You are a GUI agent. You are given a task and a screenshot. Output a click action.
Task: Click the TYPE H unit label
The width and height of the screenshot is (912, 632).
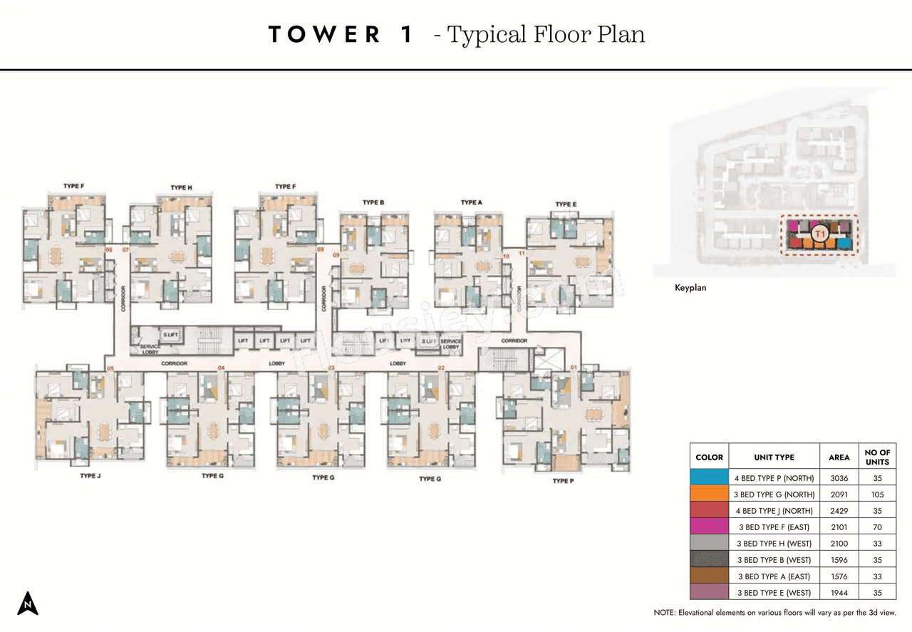[181, 187]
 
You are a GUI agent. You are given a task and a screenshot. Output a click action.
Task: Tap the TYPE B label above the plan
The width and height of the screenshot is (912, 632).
[373, 202]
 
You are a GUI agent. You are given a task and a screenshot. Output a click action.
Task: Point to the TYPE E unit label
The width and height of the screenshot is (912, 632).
[566, 204]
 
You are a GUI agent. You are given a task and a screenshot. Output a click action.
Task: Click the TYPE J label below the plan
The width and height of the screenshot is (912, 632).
[90, 475]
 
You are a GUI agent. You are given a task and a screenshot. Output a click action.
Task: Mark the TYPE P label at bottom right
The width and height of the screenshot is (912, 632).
[561, 481]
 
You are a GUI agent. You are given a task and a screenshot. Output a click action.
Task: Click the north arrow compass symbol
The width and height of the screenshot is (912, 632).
[28, 603]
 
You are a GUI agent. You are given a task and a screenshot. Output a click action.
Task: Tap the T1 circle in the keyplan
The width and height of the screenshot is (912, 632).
[819, 233]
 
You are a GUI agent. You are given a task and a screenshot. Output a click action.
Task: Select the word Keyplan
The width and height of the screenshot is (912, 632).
[690, 288]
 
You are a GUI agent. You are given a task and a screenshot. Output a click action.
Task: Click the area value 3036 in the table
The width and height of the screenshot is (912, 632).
[839, 478]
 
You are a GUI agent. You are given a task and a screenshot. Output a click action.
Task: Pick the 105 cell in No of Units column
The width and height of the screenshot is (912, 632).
[876, 494]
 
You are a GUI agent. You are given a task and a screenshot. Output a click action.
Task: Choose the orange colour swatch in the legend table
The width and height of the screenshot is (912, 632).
[709, 494]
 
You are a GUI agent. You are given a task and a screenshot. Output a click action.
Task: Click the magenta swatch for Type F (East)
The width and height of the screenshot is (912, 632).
[709, 527]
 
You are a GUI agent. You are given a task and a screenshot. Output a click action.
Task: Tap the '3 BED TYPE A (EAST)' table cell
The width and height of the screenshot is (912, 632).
[774, 576]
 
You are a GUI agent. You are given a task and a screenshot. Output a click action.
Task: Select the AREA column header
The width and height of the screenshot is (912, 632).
[839, 457]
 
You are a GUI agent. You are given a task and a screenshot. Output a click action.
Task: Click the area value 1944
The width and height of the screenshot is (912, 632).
[839, 593]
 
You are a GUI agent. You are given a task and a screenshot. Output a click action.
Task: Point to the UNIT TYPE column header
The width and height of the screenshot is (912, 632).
[774, 457]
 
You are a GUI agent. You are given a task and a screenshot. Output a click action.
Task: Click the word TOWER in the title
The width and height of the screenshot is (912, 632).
[324, 35]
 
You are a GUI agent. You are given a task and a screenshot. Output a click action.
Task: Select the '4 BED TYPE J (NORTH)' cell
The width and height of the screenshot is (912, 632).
[774, 511]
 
